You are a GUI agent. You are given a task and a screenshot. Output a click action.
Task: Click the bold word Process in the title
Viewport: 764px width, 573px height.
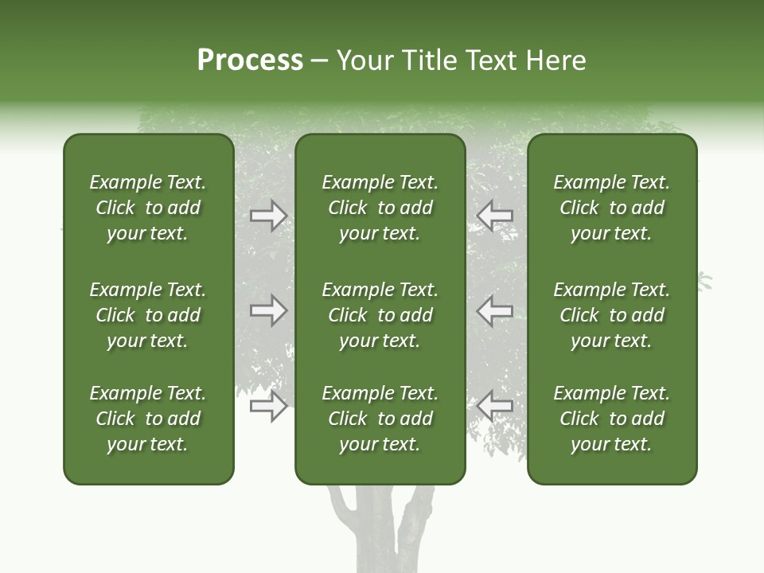pyautogui.click(x=250, y=60)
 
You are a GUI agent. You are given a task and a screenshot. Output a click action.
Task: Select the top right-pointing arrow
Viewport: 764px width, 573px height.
pyautogui.click(x=268, y=216)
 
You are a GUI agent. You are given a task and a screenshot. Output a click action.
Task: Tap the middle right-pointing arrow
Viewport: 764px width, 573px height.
pyautogui.click(x=268, y=310)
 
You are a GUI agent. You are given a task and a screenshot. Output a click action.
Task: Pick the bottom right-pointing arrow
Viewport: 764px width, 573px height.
pyautogui.click(x=268, y=407)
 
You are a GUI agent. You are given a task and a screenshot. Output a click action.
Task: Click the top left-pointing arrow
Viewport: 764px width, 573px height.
pyautogui.click(x=494, y=216)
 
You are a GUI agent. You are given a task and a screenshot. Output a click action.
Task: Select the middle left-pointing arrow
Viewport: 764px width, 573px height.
pyautogui.click(x=494, y=310)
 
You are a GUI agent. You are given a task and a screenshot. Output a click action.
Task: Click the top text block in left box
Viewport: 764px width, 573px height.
pyautogui.click(x=148, y=208)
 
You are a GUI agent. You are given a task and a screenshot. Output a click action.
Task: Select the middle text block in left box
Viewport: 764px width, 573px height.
pyautogui.click(x=148, y=315)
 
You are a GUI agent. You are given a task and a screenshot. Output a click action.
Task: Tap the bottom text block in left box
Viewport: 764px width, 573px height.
pyautogui.click(x=148, y=419)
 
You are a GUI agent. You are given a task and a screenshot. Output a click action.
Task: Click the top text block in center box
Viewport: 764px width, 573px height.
pyautogui.click(x=380, y=208)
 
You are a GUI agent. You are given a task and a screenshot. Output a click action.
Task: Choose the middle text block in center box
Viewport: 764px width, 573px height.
pyautogui.click(x=380, y=315)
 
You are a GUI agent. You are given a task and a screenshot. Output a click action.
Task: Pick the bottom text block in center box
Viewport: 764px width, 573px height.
pyautogui.click(x=380, y=419)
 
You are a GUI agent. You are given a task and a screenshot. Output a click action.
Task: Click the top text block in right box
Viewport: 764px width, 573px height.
pyautogui.click(x=611, y=208)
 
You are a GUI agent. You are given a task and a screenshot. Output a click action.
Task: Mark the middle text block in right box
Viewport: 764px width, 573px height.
pyautogui.click(x=611, y=315)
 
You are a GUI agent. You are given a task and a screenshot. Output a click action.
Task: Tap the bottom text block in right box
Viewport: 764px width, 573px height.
pyautogui.click(x=611, y=419)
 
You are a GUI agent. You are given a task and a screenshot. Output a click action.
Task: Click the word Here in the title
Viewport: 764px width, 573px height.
pyautogui.click(x=556, y=60)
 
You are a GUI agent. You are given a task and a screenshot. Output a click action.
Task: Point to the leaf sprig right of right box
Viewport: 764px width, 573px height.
pyautogui.click(x=704, y=280)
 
